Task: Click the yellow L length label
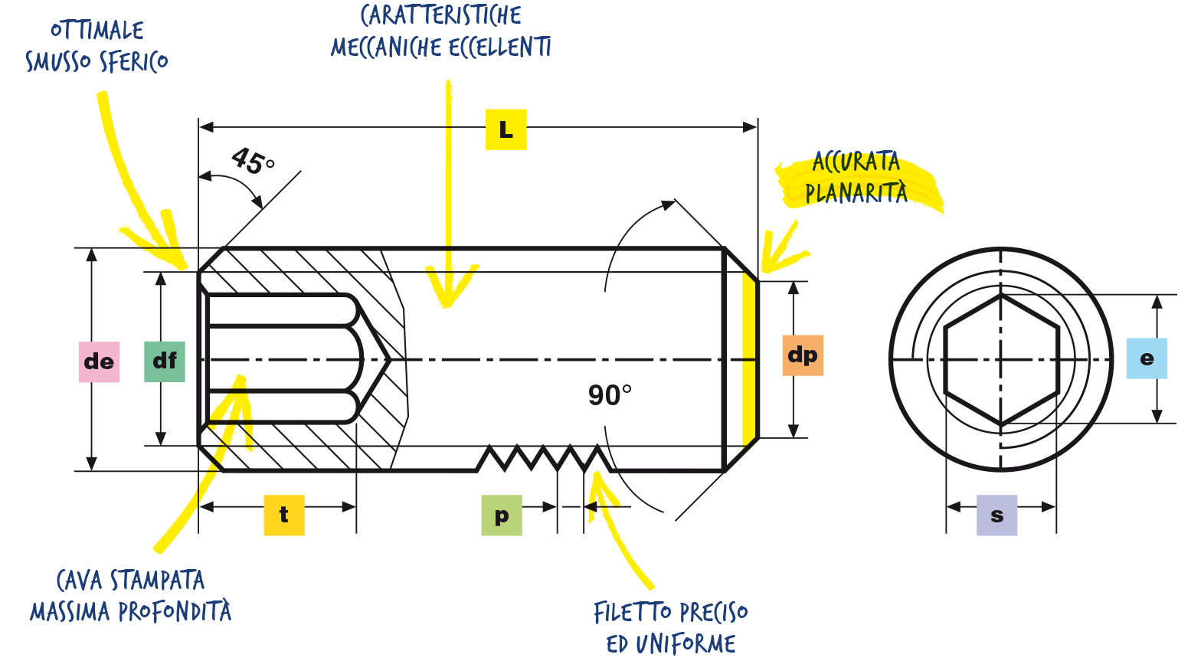(506, 129)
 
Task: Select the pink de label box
(99, 362)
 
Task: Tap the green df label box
(165, 362)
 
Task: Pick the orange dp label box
(803, 355)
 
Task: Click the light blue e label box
(1147, 358)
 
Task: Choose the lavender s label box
(996, 515)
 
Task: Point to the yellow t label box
(284, 515)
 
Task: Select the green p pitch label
(502, 515)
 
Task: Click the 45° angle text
(253, 160)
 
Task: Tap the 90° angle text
(610, 395)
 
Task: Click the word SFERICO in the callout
(133, 62)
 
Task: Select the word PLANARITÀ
(856, 192)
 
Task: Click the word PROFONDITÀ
(175, 611)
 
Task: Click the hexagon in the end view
(1001, 360)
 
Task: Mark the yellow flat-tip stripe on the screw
(749, 359)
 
